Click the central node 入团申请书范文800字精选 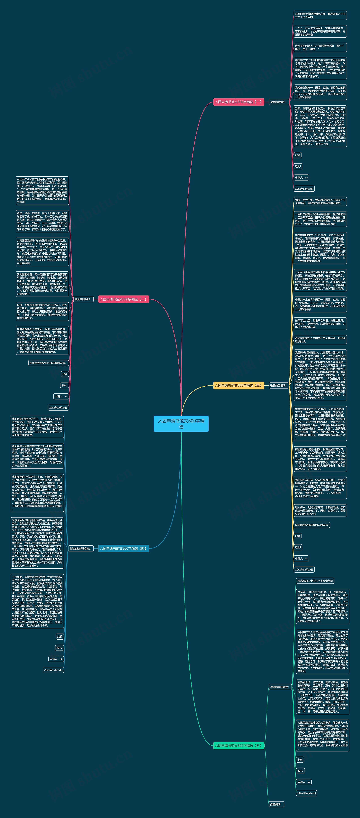click(181, 424)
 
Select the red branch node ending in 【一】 click(238, 102)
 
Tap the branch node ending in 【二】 click(123, 299)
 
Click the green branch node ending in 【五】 click(238, 745)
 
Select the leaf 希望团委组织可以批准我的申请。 click(48, 363)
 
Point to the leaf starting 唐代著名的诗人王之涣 click(320, 47)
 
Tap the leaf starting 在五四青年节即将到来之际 click(320, 15)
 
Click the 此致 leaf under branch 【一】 click(297, 155)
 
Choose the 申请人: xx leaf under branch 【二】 click(61, 396)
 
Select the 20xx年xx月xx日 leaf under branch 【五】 click(307, 793)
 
